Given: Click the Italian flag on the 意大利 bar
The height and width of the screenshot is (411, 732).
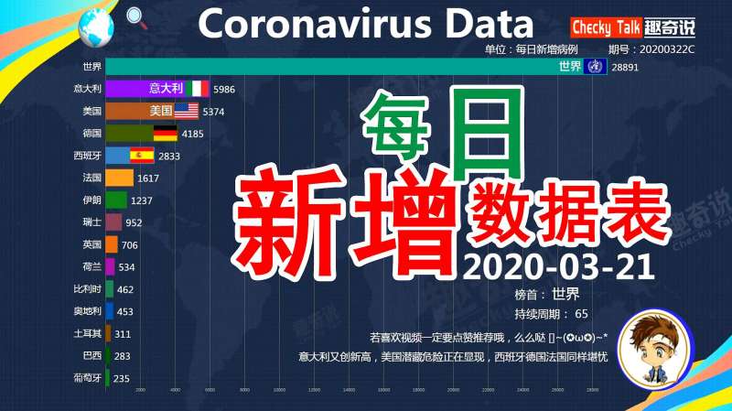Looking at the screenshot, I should [x=198, y=89].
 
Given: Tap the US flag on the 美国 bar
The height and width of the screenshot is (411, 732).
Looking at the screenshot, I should [x=186, y=111].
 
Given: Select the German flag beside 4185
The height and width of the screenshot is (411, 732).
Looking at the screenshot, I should [x=166, y=133].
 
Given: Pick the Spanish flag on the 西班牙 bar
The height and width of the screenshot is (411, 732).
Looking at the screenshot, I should [x=142, y=155].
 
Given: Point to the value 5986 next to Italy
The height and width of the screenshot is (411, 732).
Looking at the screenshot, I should [x=225, y=89].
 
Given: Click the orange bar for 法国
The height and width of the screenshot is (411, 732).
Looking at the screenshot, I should [x=120, y=178].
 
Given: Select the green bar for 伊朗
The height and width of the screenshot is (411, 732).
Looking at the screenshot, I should [x=116, y=200].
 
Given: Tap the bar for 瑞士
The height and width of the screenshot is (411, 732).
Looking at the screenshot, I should [x=113, y=222].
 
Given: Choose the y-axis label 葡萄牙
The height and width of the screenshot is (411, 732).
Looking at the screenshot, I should [x=87, y=377].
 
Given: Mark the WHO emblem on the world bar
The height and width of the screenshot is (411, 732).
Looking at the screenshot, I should [x=595, y=67].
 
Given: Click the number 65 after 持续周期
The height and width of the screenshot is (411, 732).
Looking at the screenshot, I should [x=582, y=313].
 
